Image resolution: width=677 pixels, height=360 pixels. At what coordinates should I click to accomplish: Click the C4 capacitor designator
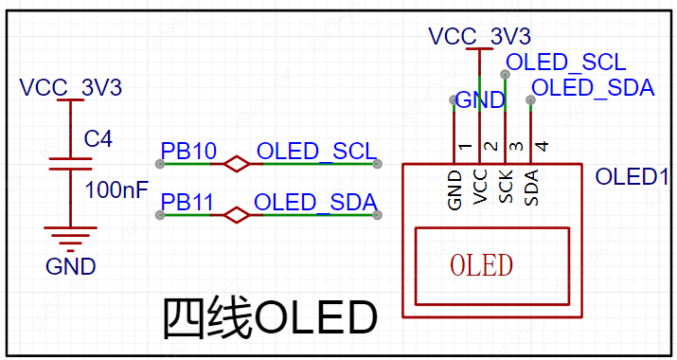point(98,138)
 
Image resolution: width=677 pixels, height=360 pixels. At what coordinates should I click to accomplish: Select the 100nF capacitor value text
point(116,189)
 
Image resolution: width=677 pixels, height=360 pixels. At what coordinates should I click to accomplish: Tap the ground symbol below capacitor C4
point(70,239)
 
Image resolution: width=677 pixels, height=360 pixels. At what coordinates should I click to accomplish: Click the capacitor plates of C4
point(70,164)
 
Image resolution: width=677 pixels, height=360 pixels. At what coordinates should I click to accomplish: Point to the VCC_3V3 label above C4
point(71,87)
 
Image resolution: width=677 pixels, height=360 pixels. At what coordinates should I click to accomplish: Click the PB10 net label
point(188,151)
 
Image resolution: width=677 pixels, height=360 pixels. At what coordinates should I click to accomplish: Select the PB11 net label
point(187,202)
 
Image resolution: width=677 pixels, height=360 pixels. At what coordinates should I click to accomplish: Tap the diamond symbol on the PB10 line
point(236,164)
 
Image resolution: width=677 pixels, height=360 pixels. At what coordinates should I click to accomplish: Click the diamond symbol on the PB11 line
point(236,215)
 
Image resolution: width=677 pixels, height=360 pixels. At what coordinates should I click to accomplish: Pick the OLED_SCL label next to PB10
point(317,152)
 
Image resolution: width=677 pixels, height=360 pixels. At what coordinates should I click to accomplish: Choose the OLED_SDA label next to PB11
point(315,202)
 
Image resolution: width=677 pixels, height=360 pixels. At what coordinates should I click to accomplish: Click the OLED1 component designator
point(632,176)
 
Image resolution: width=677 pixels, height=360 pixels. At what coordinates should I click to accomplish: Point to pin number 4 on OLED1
point(543,146)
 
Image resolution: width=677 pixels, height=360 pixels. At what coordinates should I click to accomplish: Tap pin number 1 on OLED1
point(465,147)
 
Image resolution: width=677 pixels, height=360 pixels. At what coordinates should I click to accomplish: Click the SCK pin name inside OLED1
point(506,187)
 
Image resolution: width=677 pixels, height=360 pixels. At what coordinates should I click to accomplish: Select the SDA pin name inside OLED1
point(531,188)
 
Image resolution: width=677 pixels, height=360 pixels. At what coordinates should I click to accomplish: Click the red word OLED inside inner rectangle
point(481,265)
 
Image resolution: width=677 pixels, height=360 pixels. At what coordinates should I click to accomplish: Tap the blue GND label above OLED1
point(480,100)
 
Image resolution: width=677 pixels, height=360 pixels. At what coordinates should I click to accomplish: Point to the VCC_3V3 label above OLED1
point(480,36)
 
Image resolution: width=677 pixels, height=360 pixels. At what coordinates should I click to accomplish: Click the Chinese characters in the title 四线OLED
point(207,318)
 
